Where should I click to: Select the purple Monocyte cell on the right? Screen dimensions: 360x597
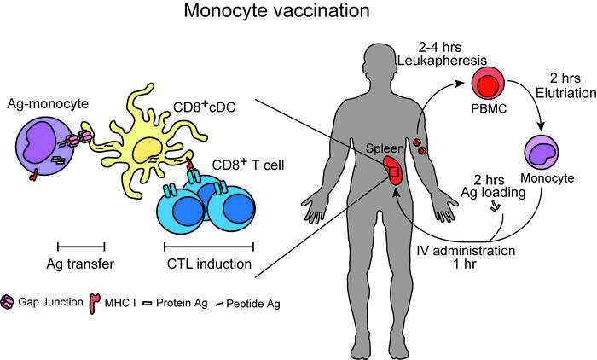545,154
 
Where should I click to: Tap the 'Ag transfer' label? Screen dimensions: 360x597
81,264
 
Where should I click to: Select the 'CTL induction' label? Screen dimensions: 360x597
207,264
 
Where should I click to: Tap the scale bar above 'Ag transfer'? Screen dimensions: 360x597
81,245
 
